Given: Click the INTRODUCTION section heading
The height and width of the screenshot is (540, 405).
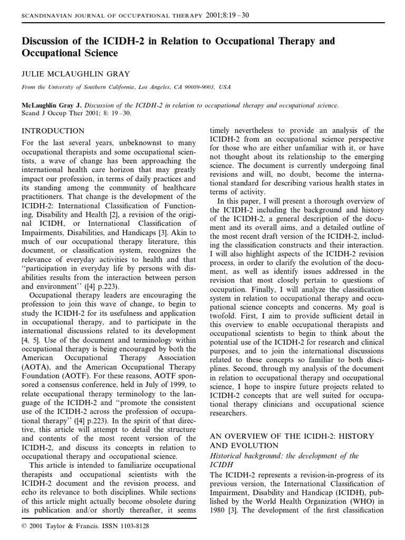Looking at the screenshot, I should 53,131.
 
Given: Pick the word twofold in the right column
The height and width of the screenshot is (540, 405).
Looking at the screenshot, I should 227,315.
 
